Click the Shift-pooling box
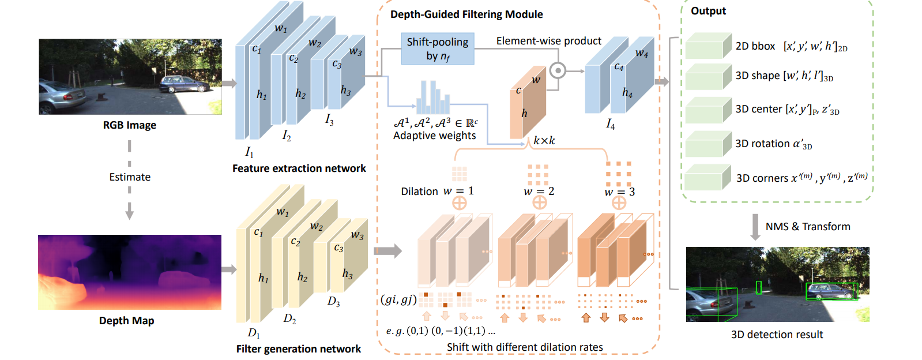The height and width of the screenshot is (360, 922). (438, 48)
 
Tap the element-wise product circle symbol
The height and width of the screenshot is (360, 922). (558, 70)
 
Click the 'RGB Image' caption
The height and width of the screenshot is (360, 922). (129, 125)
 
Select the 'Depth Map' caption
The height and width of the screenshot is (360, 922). (126, 321)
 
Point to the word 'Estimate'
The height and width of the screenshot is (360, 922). (130, 177)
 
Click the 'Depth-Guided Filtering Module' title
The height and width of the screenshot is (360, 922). (466, 14)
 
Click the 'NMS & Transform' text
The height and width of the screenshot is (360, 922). (807, 227)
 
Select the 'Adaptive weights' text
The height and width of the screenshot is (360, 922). (434, 136)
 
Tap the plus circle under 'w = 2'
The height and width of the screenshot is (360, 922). (539, 202)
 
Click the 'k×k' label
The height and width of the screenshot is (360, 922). (544, 141)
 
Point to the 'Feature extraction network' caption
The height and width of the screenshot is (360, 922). (299, 168)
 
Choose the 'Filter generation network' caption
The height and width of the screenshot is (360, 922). (298, 349)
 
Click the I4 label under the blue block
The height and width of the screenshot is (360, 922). (610, 124)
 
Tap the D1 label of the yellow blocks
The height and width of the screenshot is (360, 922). (254, 333)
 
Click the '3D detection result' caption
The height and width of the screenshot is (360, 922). (777, 335)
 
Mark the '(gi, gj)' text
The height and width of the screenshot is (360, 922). (398, 299)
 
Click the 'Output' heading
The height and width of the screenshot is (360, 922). (708, 11)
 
